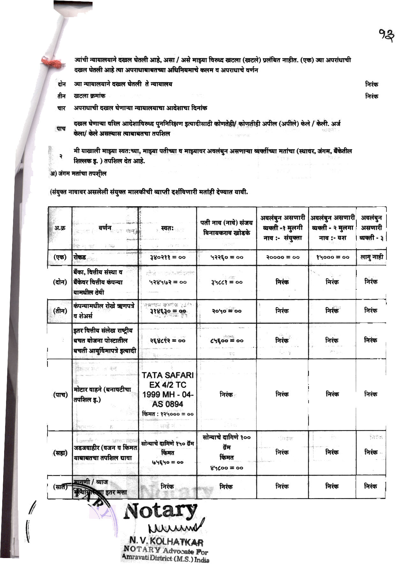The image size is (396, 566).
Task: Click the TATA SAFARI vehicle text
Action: coord(168,375)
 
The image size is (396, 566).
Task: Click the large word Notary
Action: coord(161,511)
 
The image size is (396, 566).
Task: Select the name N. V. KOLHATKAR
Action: coord(166,541)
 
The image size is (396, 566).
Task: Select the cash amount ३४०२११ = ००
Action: coord(168,257)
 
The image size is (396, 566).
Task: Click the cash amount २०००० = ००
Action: coord(283,257)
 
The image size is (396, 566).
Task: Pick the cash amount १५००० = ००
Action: coord(332,257)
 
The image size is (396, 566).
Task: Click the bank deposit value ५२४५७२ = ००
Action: coord(168,282)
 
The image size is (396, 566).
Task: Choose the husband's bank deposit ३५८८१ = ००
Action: coord(227,282)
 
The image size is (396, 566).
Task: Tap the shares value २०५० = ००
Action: coord(227,311)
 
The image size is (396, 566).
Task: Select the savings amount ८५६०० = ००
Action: coord(227,340)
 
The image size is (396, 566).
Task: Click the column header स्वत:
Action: coord(168,228)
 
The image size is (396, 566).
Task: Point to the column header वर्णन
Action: coord(105,228)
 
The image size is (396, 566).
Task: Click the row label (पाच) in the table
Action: coord(60,395)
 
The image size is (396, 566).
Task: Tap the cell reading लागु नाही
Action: coord(371,257)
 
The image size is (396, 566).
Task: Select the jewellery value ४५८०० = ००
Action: coord(227,468)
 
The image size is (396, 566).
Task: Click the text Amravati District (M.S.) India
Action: coord(165,557)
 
